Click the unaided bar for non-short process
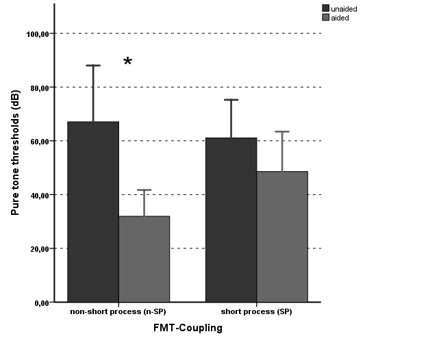click(x=93, y=211)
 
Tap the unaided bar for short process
click(x=231, y=219)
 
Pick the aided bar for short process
click(x=282, y=236)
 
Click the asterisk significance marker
click(x=127, y=63)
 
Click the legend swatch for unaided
click(x=327, y=9)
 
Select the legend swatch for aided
click(x=327, y=18)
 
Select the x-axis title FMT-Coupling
click(x=188, y=328)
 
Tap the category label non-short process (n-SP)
click(x=118, y=312)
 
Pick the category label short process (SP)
click(x=257, y=312)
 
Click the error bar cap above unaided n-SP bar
click(x=93, y=66)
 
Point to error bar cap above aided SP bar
click(x=282, y=131)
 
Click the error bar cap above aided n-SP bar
click(x=144, y=190)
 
